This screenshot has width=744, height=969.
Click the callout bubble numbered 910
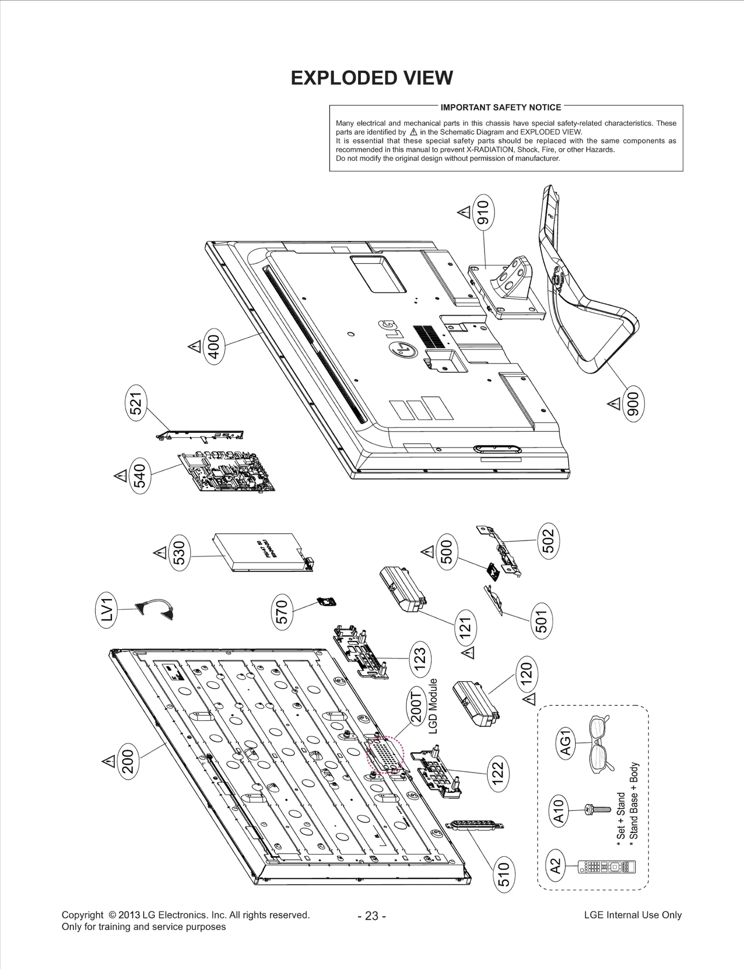[483, 212]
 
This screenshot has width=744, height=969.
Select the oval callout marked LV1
[107, 609]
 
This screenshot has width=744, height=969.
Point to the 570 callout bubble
[282, 612]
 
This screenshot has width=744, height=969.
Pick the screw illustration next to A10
[597, 810]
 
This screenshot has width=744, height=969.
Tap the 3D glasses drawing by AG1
[599, 744]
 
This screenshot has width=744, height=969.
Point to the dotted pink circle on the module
[385, 755]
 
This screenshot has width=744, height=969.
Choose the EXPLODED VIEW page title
[372, 78]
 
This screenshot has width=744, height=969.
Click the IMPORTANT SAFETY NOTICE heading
[500, 107]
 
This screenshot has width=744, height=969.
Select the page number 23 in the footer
[372, 916]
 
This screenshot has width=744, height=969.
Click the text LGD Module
[432, 706]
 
